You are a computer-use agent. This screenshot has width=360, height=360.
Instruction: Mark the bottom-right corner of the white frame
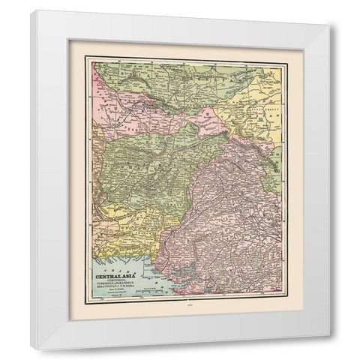coord(328,350)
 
